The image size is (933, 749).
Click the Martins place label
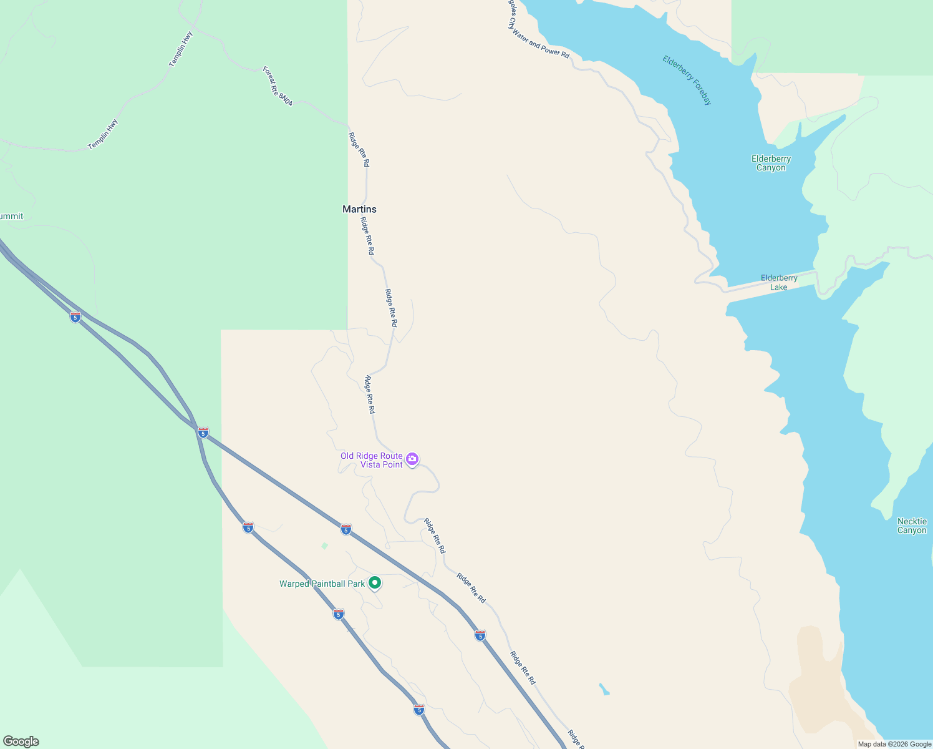pos(359,209)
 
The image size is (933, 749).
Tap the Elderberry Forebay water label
pos(687,81)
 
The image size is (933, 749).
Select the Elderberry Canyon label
pos(771,164)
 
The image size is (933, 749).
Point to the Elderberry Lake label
pos(779,283)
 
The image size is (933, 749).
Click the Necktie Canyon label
pos(912,526)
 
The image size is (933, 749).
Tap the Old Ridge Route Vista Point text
pos(372,461)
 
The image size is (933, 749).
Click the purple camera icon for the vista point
pos(412,460)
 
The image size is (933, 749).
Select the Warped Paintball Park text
pos(322,584)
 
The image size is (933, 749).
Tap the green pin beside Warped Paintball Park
pos(375,583)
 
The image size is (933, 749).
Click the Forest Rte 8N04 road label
pos(278,86)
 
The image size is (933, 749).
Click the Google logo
pos(21,742)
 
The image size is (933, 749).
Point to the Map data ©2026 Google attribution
pos(894,744)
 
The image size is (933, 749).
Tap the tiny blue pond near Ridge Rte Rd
pos(604,690)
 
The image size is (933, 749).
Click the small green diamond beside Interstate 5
pos(324,546)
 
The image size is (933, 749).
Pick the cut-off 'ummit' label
pos(11,217)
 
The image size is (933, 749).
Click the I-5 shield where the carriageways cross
pos(203,432)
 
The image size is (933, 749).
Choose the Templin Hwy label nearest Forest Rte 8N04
pos(181,49)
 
